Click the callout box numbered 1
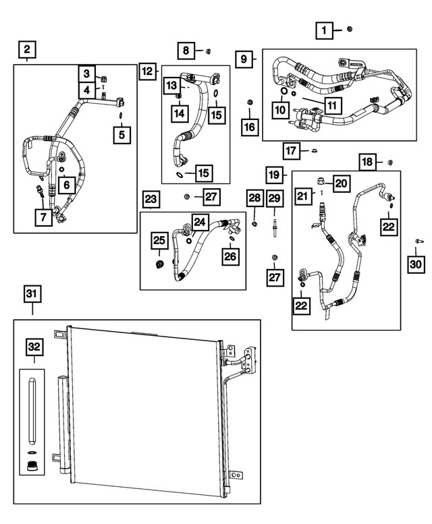tap(324, 31)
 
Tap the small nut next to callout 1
tap(350, 29)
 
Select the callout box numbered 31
tap(32, 294)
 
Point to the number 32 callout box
tap(34, 347)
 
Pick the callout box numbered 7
tap(43, 217)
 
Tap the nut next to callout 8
tap(208, 51)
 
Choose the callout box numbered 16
tap(250, 127)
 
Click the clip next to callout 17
tap(314, 151)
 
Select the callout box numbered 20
tap(341, 183)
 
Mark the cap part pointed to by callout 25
tap(160, 264)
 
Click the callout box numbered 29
tap(275, 198)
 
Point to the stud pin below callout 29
tap(275, 227)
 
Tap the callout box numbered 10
tap(280, 110)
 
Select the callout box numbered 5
tap(122, 135)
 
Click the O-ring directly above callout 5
tap(119, 115)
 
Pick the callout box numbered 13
tap(171, 85)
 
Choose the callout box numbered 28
tap(254, 198)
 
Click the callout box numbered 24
tap(200, 222)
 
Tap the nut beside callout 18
tap(390, 163)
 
